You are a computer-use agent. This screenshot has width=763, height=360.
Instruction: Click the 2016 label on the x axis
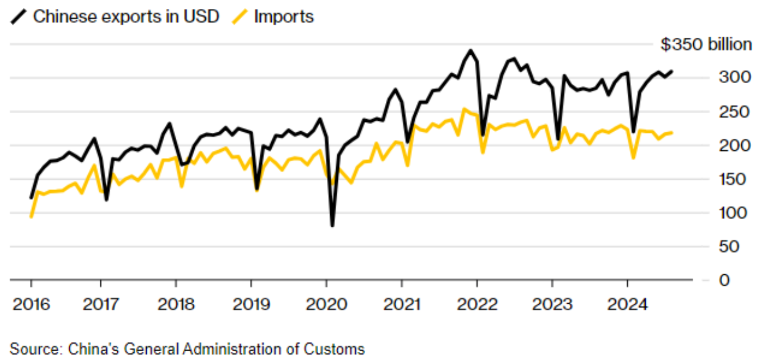pyautogui.click(x=31, y=304)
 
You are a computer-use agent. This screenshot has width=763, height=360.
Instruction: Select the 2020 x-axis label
pyautogui.click(x=326, y=304)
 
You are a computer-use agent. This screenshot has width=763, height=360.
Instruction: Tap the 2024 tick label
pyautogui.click(x=627, y=304)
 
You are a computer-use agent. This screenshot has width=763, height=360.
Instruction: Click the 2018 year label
pyautogui.click(x=176, y=304)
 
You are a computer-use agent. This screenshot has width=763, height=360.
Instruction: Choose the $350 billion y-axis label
pyautogui.click(x=706, y=45)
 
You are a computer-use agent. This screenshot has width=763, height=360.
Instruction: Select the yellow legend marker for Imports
pyautogui.click(x=239, y=17)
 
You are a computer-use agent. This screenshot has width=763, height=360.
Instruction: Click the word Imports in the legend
pyautogui.click(x=284, y=17)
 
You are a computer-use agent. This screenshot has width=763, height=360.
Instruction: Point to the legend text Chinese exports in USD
pyautogui.click(x=126, y=17)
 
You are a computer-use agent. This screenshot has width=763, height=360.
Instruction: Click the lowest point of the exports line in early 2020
pyautogui.click(x=332, y=225)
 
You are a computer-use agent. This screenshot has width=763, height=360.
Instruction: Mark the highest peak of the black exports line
pyautogui.click(x=470, y=51)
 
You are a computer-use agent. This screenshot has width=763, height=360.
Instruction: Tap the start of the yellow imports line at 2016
pyautogui.click(x=31, y=217)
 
